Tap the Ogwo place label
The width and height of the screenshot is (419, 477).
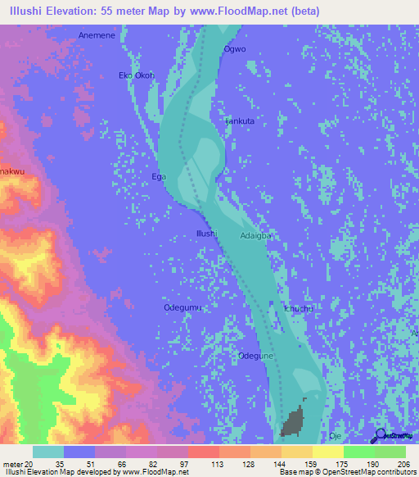pos(234,48)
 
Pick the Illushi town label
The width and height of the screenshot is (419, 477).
pos(205,234)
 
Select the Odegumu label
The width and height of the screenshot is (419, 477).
pos(182,307)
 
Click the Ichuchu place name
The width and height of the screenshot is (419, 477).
pos(296,309)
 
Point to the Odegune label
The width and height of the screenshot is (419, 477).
pos(254,356)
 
